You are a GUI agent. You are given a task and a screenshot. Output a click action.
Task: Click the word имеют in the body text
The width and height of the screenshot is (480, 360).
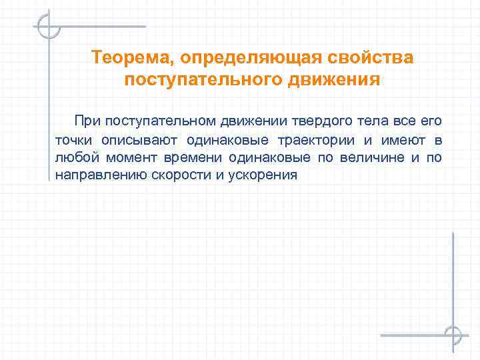pyautogui.click(x=401, y=140)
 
